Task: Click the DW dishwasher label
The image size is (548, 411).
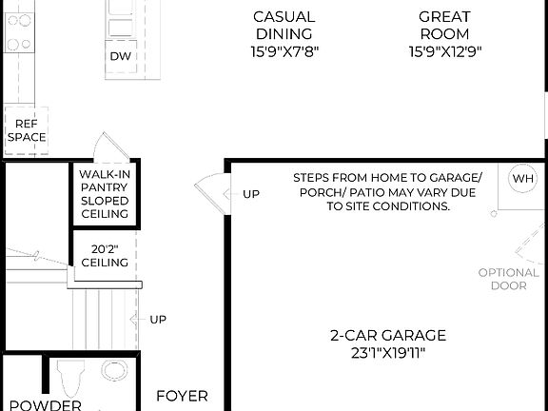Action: click(x=121, y=55)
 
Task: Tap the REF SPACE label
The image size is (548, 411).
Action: click(x=27, y=130)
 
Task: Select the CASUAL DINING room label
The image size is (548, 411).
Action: click(x=284, y=26)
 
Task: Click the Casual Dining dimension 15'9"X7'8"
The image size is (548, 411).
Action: click(x=284, y=51)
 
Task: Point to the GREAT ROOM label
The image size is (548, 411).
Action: click(x=443, y=26)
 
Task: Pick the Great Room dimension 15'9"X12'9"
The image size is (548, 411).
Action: click(x=443, y=51)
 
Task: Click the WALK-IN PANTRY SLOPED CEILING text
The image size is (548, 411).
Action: click(x=105, y=194)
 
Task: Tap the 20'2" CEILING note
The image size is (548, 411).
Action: click(x=105, y=255)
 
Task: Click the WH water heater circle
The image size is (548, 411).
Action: click(x=523, y=179)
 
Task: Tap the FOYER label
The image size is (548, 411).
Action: click(x=182, y=396)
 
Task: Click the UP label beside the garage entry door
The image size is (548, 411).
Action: click(x=251, y=194)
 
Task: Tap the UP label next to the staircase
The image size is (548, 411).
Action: click(x=158, y=319)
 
